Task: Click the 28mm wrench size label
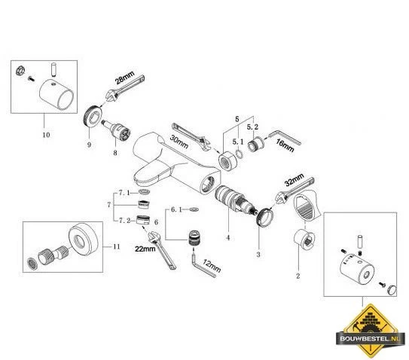coord(125,78)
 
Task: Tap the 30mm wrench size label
coord(179,142)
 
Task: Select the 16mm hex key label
coord(285,145)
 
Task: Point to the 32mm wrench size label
coord(295,180)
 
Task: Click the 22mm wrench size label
coord(145,249)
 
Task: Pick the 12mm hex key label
coord(212,266)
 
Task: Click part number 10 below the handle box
coord(46,135)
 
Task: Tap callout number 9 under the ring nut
coord(89,145)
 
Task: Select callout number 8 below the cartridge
coord(115,153)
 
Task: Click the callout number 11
coord(117,246)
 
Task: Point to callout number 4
coord(228,238)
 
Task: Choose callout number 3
coord(258,255)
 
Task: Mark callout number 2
coord(298,276)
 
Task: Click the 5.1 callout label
coord(238,142)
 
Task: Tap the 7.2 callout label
coord(125,221)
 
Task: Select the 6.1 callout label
coord(176,209)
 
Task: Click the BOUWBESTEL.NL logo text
coord(370,339)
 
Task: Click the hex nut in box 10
coord(20,71)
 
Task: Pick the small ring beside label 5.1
coord(240,154)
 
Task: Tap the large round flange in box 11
coord(84,239)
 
